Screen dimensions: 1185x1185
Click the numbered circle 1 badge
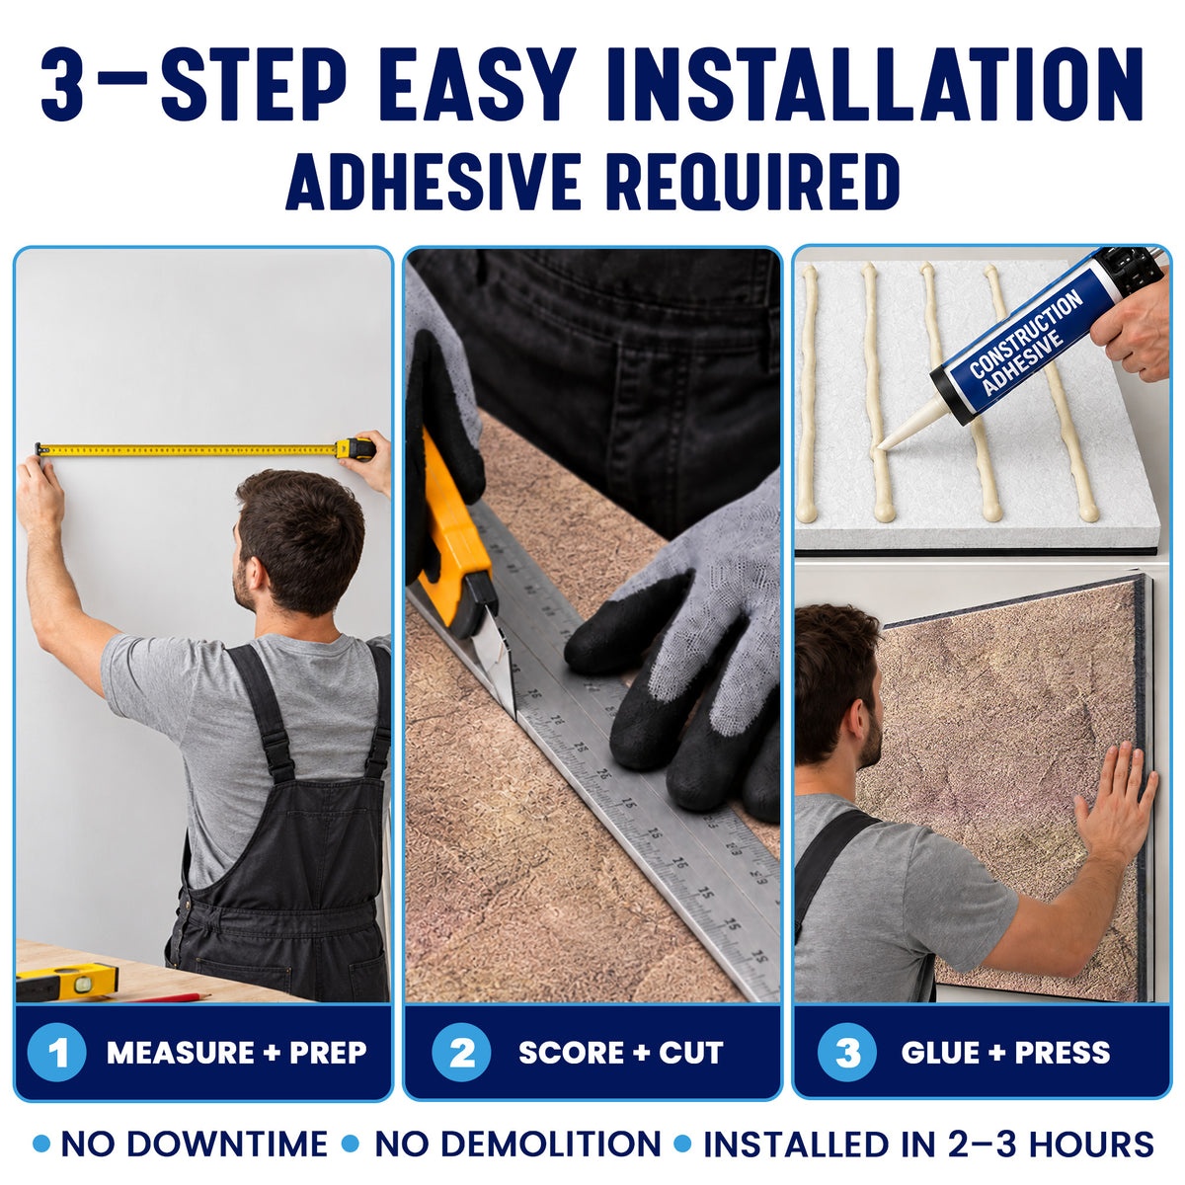pos(56,1052)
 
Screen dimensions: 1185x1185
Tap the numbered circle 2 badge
pos(461,1052)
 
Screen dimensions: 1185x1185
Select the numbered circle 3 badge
pos(846,1052)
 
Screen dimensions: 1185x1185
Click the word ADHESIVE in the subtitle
pos(434,182)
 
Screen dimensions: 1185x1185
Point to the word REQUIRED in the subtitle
pos(752,183)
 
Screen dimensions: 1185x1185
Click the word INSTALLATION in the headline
pos(875,83)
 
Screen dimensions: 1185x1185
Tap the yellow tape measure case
pos(355,449)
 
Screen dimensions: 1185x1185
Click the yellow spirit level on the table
pos(66,980)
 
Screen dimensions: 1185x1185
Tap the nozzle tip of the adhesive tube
pos(881,444)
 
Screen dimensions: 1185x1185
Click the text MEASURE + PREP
pos(237,1052)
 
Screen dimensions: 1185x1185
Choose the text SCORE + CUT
pos(621,1052)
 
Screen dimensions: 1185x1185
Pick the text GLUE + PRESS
pos(1006,1052)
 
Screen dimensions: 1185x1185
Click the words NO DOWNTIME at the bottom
pos(195,1145)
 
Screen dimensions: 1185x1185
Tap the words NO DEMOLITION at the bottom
pos(517,1145)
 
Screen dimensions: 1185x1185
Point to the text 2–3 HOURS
pos(1051,1145)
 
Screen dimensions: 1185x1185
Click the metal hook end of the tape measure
pos(39,450)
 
